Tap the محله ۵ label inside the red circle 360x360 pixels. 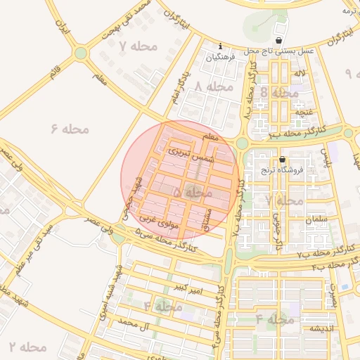click(193, 192)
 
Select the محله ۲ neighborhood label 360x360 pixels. click(28, 347)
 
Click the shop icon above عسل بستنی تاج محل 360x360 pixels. click(281, 41)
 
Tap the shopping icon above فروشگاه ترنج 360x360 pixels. click(283, 159)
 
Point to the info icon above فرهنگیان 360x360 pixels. click(221, 46)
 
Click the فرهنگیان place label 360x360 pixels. click(221, 57)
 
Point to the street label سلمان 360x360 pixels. click(317, 219)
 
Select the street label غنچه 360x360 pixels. click(302, 112)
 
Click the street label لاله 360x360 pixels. click(300, 73)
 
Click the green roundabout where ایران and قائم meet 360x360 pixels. click(81, 53)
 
